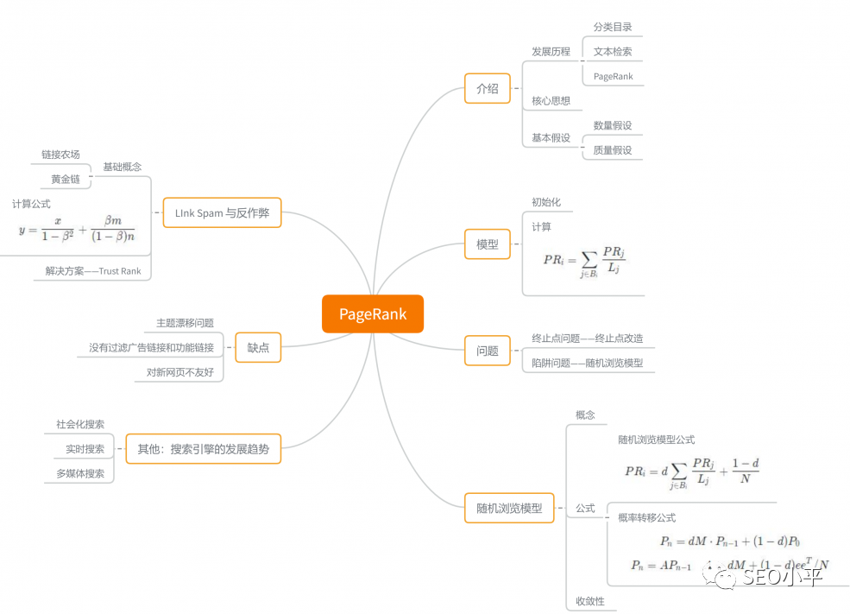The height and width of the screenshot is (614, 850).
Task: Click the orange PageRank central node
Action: coord(372,314)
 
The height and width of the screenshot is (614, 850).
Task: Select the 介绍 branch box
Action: coord(488,88)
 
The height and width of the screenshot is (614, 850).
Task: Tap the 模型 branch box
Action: coord(488,244)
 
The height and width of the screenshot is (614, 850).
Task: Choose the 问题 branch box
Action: coord(488,351)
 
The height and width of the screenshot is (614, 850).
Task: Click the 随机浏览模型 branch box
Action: coord(509,509)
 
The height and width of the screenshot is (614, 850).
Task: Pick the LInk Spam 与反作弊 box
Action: coord(222,212)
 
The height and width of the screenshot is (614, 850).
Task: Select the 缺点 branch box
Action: coord(258,348)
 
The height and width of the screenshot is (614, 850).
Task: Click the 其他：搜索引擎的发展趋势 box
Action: coord(204,448)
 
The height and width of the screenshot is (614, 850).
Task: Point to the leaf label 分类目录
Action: coord(613,28)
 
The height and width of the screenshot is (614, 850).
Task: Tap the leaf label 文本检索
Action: coord(613,52)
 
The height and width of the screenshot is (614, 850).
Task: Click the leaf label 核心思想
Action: coord(551,101)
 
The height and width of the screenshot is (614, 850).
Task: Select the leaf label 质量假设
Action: coord(613,150)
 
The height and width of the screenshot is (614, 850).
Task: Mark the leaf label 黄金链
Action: coord(66,180)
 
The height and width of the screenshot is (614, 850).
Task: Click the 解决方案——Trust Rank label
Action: coord(93,271)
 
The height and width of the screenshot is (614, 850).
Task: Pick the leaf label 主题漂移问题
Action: coord(185,323)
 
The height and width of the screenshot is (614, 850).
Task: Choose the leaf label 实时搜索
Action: coord(85,449)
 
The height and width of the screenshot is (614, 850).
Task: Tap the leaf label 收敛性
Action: coord(590,601)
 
